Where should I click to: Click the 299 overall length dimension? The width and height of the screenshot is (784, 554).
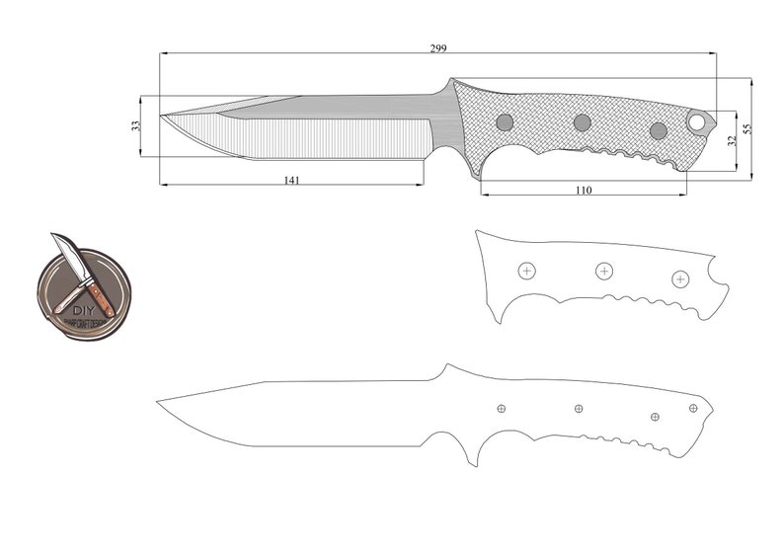(437, 47)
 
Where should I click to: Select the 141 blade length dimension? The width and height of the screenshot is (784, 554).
(292, 180)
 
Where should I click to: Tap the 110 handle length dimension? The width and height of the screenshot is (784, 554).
(583, 190)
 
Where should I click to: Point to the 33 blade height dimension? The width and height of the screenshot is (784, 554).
(136, 125)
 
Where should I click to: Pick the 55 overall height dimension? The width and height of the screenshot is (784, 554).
(746, 129)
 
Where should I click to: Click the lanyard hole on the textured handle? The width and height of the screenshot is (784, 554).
(697, 122)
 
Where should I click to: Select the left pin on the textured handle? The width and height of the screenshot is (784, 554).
(505, 122)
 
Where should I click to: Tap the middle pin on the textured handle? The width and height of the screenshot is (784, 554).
(583, 122)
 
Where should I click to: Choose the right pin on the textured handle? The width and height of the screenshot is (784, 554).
(659, 130)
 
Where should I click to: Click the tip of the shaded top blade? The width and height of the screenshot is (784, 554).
(162, 115)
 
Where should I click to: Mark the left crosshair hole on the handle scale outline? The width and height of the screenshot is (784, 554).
(526, 271)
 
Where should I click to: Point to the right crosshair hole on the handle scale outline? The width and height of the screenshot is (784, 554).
(680, 279)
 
